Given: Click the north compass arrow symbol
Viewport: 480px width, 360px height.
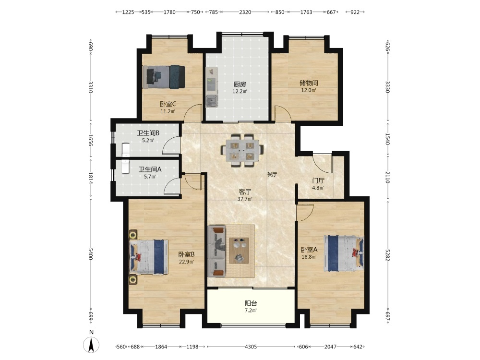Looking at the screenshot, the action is click(x=91, y=344).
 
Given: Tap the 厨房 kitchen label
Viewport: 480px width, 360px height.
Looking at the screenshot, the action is click(x=240, y=84).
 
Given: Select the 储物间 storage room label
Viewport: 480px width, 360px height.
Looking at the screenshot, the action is click(x=309, y=83).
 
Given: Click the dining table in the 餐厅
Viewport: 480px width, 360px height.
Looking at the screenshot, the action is click(x=242, y=150).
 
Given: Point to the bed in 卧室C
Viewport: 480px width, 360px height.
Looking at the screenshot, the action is click(x=164, y=77).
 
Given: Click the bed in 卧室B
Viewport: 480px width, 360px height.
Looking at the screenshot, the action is click(x=149, y=256).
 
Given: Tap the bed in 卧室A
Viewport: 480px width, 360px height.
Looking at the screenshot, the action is click(x=344, y=253).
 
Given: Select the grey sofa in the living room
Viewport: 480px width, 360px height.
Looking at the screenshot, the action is click(x=217, y=252).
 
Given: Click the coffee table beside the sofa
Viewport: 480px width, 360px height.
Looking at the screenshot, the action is click(x=239, y=251).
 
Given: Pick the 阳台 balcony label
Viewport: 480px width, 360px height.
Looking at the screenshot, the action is click(x=251, y=303).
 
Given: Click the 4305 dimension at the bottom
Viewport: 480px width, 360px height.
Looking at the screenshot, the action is click(x=251, y=347).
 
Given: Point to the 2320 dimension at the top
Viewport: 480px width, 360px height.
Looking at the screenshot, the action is click(x=245, y=12).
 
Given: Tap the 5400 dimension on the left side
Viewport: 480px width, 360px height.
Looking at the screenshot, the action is click(x=90, y=254).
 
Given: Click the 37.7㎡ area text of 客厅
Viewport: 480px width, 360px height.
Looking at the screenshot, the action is click(x=245, y=199).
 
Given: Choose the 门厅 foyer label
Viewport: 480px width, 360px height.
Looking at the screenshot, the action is click(x=318, y=181).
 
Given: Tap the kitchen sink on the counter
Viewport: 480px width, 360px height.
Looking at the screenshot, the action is click(x=212, y=101).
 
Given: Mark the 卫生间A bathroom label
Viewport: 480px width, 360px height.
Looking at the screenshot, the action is click(x=150, y=169).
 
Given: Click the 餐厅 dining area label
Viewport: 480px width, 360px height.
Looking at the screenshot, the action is click(x=272, y=174).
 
